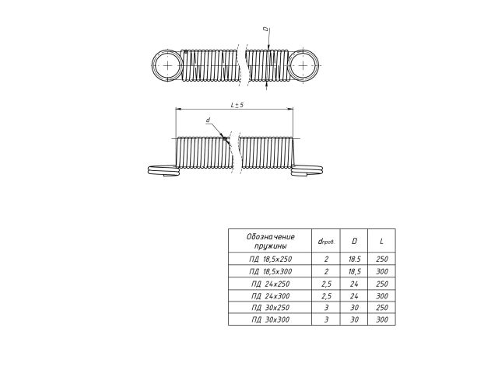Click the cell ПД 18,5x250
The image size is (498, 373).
tap(270, 259)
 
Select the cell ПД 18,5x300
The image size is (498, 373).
tap(270, 271)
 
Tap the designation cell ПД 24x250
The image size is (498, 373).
tap(270, 284)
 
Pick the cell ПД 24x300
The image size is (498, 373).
tap(270, 296)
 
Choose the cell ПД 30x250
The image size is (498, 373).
tap(270, 308)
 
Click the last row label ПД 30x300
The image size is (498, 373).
tap(270, 319)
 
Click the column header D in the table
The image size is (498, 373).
tap(354, 241)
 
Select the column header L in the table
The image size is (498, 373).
tap(382, 241)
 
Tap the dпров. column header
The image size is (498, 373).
tap(326, 241)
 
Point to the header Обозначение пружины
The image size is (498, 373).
tap(270, 241)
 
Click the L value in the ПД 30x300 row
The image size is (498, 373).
tap(382, 319)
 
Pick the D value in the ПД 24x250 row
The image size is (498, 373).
tap(354, 284)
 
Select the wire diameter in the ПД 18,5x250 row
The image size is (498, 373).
tap(326, 259)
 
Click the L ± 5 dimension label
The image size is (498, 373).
tap(237, 105)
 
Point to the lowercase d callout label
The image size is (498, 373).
tap(208, 120)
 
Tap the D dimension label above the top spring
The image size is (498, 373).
tap(266, 30)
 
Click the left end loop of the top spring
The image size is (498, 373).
tap(152, 65)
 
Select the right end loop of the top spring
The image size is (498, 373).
tap(319, 65)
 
